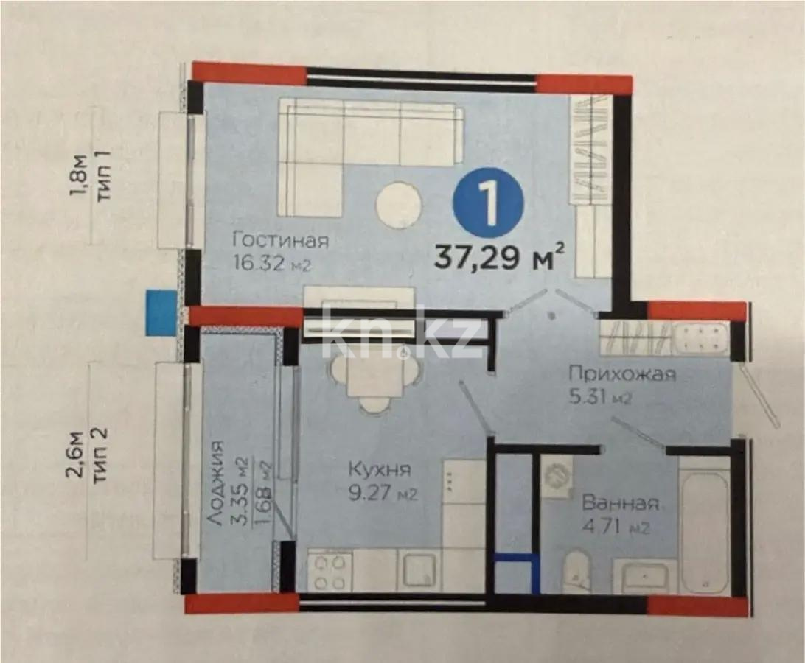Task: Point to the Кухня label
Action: click(x=380, y=469)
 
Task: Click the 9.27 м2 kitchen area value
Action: click(x=383, y=494)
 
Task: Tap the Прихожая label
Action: click(x=621, y=373)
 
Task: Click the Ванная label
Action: click(x=620, y=503)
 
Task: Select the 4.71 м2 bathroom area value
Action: click(x=616, y=527)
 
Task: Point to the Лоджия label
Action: click(x=215, y=483)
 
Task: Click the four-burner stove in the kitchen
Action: click(x=329, y=571)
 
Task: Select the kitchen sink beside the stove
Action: click(x=420, y=572)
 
